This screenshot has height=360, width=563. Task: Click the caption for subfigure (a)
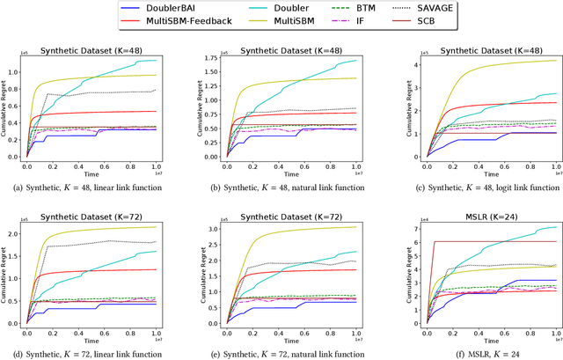coord(91,187)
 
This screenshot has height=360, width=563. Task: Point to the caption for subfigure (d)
coord(91,352)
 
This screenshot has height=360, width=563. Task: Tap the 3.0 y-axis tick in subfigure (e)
coord(213,226)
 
